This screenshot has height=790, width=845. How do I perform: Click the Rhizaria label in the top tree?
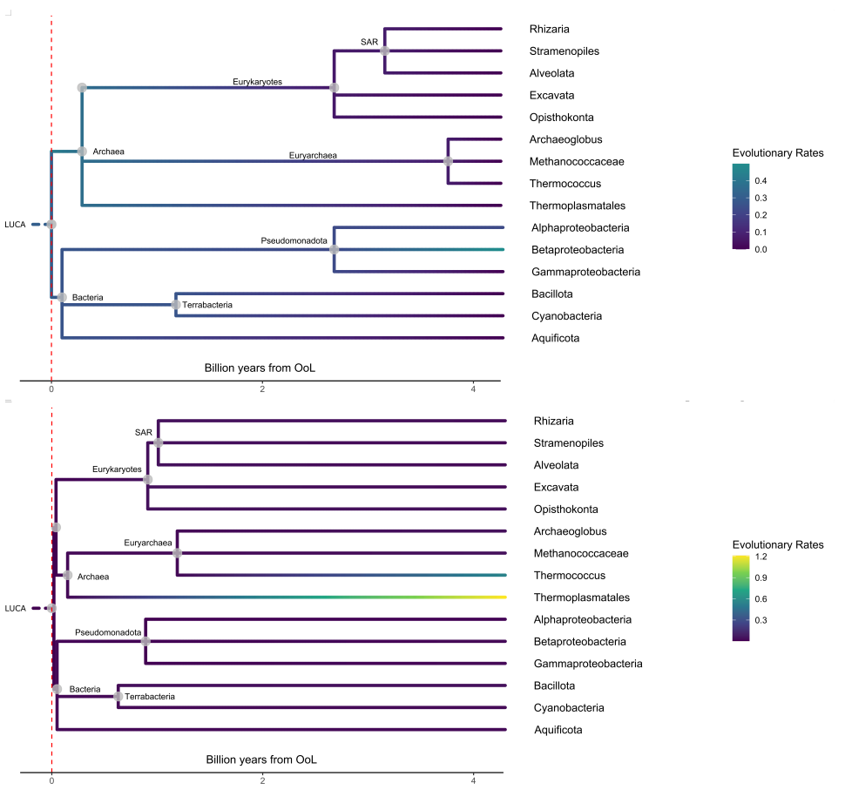click(549, 29)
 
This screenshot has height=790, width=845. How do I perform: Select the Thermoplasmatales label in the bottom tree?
click(581, 598)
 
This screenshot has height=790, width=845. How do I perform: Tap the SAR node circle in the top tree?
click(385, 51)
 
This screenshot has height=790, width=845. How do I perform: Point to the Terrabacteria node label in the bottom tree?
click(150, 697)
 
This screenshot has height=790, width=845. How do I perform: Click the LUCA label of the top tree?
click(15, 225)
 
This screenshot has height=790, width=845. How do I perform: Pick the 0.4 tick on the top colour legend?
click(760, 181)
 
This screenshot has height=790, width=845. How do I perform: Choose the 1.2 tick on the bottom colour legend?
click(760, 557)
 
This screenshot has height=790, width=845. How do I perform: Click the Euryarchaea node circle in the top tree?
click(448, 161)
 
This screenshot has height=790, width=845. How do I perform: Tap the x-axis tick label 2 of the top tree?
click(262, 389)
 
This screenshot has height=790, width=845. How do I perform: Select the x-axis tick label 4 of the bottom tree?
click(473, 780)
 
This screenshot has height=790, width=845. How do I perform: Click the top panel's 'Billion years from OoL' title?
click(260, 368)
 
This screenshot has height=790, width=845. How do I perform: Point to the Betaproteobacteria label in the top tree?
click(578, 250)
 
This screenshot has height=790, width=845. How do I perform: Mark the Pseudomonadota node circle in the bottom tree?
click(145, 641)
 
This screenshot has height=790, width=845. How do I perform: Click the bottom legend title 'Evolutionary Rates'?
click(778, 544)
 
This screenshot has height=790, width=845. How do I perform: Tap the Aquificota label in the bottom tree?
click(558, 730)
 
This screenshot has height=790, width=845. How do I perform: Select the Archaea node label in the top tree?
click(108, 152)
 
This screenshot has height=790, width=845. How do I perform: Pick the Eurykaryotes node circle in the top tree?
click(335, 87)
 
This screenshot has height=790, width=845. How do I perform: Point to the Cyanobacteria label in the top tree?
click(566, 316)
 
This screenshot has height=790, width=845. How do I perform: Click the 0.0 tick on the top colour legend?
click(760, 249)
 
